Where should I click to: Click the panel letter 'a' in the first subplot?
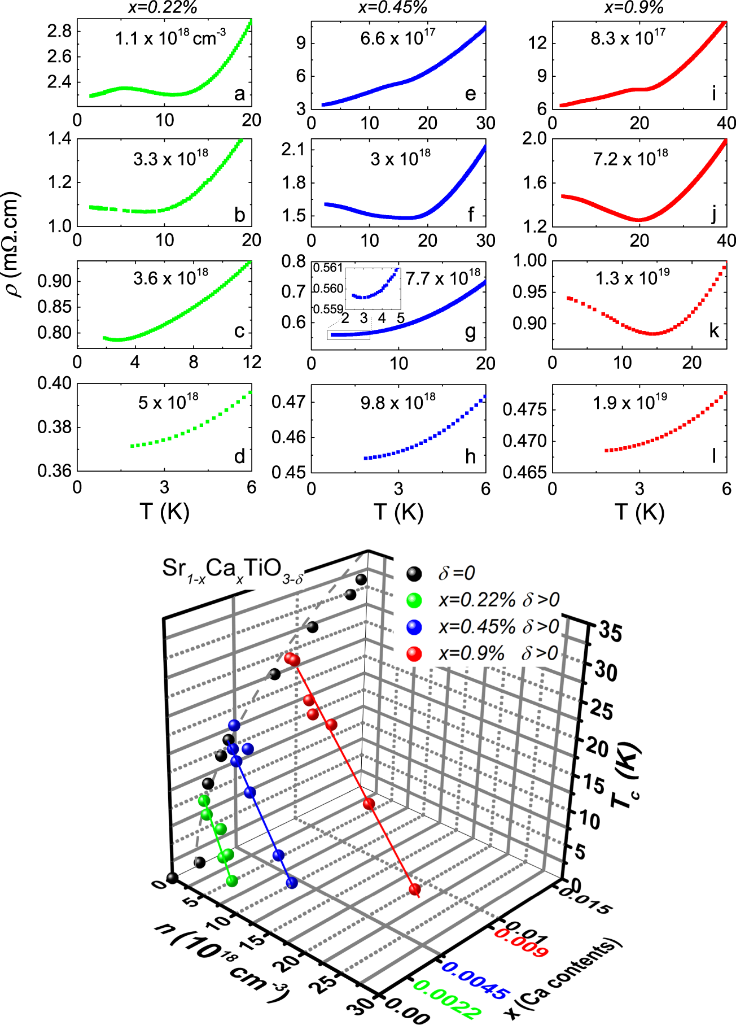(x=239, y=94)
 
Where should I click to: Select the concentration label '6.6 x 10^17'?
(x=397, y=38)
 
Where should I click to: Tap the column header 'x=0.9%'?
(x=634, y=7)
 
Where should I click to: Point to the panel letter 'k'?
(x=714, y=330)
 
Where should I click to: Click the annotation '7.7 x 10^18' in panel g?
(x=443, y=278)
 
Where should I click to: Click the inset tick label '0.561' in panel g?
(x=328, y=268)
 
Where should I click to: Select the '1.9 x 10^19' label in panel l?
(x=629, y=403)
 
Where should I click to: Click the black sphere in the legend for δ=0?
(x=414, y=574)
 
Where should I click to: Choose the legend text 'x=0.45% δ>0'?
(x=498, y=626)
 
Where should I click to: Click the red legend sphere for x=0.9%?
(x=414, y=653)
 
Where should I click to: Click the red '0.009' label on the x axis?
(x=521, y=943)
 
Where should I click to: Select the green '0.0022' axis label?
(x=448, y=1001)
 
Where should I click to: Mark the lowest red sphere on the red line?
(x=415, y=889)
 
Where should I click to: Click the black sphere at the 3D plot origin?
(x=173, y=878)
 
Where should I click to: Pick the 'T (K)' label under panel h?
(x=398, y=512)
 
